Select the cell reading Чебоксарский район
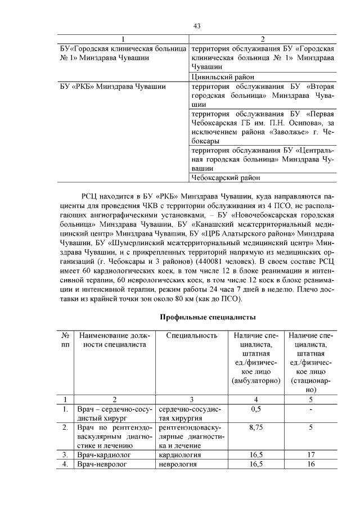[x=226, y=178]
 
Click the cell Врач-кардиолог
[x=101, y=454]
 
